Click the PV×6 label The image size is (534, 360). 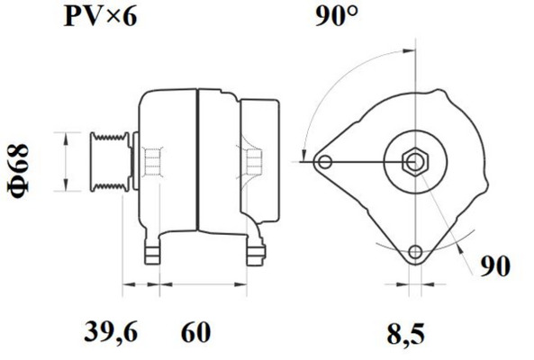coord(101,17)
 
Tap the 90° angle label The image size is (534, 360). coord(337,16)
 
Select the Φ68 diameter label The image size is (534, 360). coord(18,171)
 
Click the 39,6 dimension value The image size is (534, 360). coord(111,332)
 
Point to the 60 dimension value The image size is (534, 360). coord(195,332)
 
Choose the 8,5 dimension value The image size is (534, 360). coord(405,334)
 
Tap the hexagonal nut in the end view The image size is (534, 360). coord(415,162)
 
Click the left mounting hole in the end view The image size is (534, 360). coord(325,162)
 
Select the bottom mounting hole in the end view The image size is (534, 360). coord(415,252)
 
